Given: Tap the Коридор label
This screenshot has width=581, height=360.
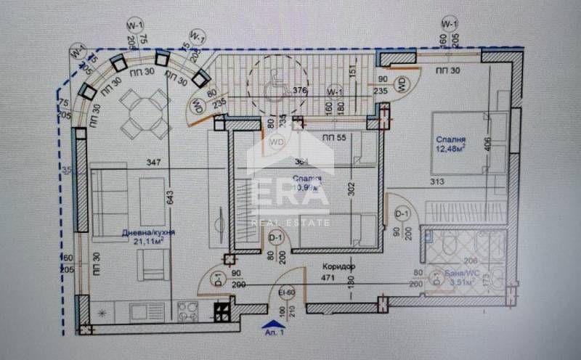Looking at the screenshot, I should (336, 266).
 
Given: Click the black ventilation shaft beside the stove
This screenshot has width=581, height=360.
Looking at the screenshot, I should (221, 312).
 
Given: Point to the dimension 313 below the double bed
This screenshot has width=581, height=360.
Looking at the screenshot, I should (436, 181).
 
